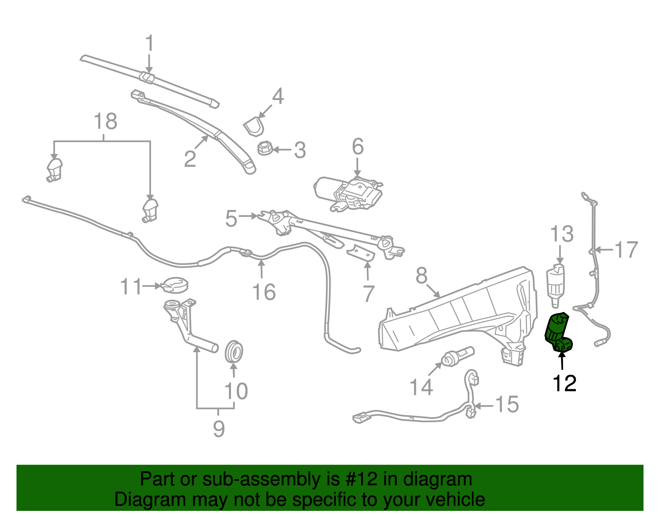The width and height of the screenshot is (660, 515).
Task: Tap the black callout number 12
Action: (x=564, y=383)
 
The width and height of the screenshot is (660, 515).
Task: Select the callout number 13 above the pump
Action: (x=562, y=234)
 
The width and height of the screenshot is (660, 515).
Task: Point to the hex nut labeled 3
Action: (x=264, y=148)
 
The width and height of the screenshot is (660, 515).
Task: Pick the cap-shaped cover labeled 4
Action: (x=253, y=126)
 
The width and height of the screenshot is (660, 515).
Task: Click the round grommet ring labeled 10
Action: (x=234, y=352)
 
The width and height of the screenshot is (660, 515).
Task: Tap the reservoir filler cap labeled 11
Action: (x=176, y=284)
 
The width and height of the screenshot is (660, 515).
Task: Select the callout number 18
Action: (x=106, y=122)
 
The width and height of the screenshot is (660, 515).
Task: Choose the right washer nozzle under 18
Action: (x=150, y=209)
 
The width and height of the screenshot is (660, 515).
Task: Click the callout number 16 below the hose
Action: (x=264, y=292)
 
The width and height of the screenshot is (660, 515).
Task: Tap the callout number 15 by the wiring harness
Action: (x=507, y=404)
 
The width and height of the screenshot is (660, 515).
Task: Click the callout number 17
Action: (x=626, y=250)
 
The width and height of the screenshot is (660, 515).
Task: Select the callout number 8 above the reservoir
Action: (x=421, y=275)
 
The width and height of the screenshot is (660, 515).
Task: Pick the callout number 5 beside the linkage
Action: (x=231, y=219)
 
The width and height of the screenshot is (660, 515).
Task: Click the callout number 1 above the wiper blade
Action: (x=149, y=43)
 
